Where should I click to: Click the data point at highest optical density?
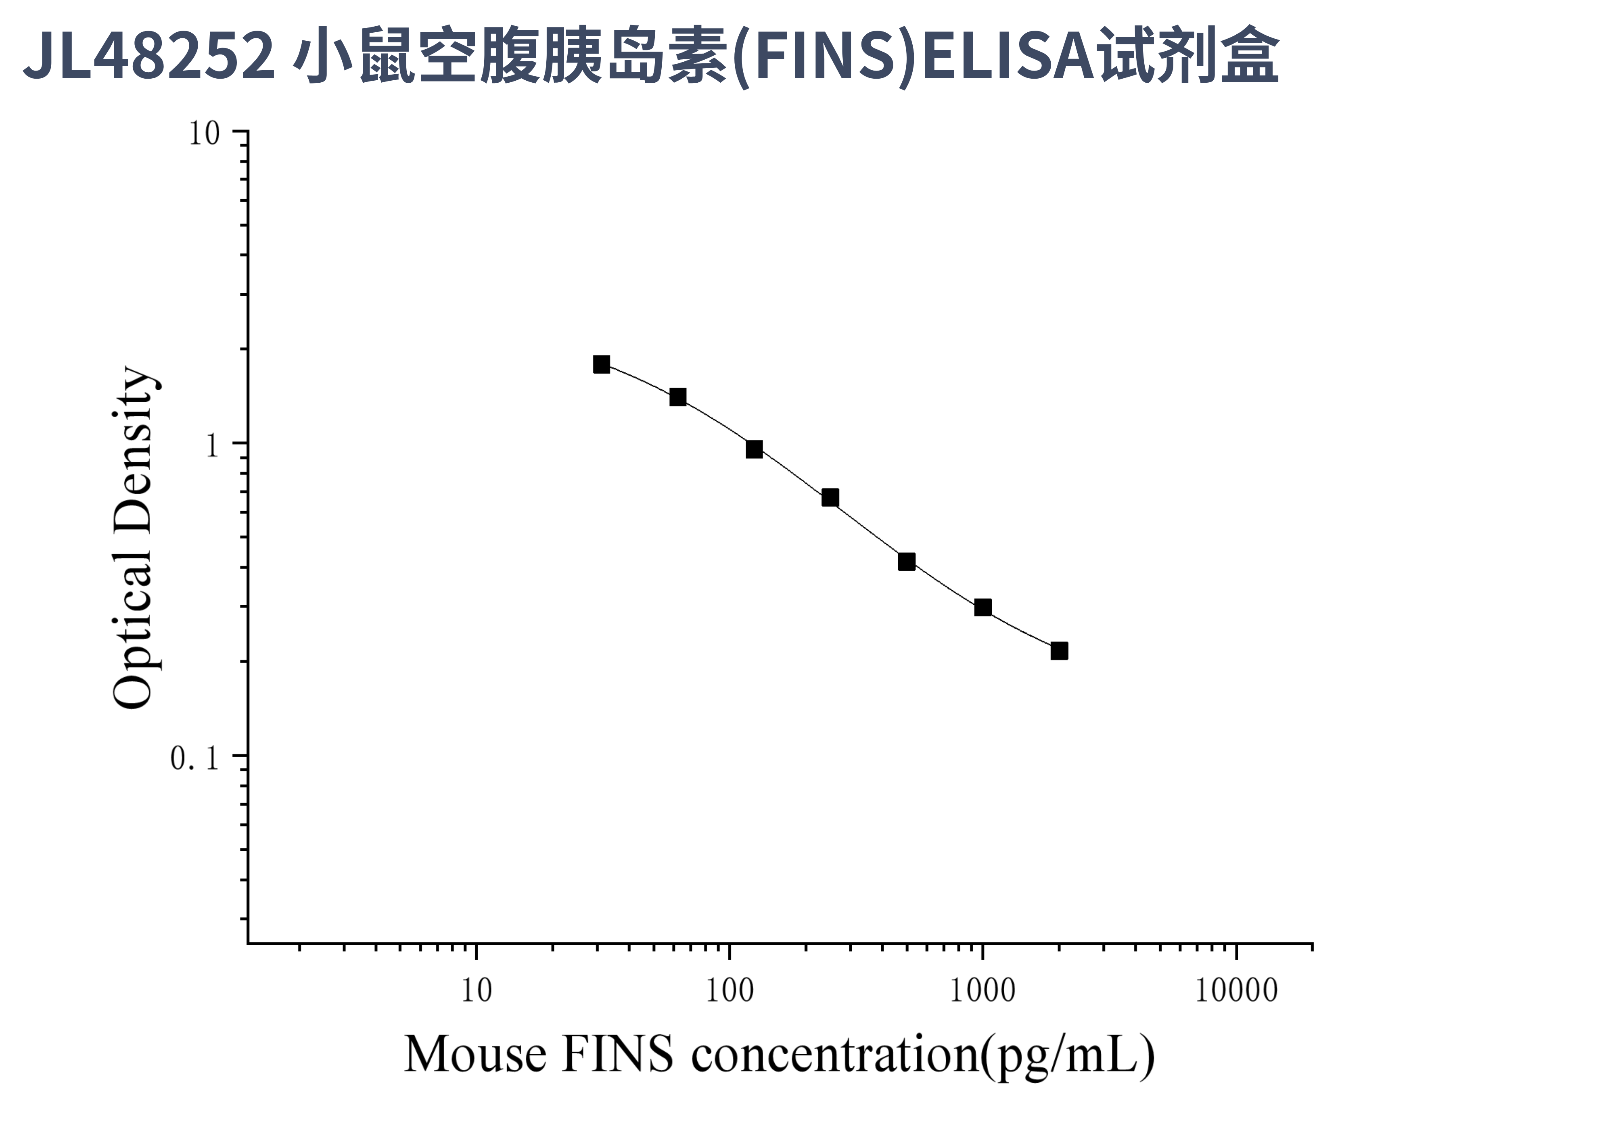(601, 364)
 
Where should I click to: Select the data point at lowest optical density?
(1059, 650)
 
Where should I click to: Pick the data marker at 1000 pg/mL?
(983, 607)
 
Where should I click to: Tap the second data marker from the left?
(678, 397)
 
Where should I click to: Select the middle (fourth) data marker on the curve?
(830, 498)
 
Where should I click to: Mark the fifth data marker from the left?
(907, 562)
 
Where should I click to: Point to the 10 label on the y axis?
(205, 133)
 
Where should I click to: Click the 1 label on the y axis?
(212, 445)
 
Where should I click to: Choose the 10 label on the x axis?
(476, 990)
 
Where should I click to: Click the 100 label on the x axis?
(730, 990)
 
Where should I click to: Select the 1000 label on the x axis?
(982, 990)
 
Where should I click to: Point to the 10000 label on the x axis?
(1236, 990)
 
